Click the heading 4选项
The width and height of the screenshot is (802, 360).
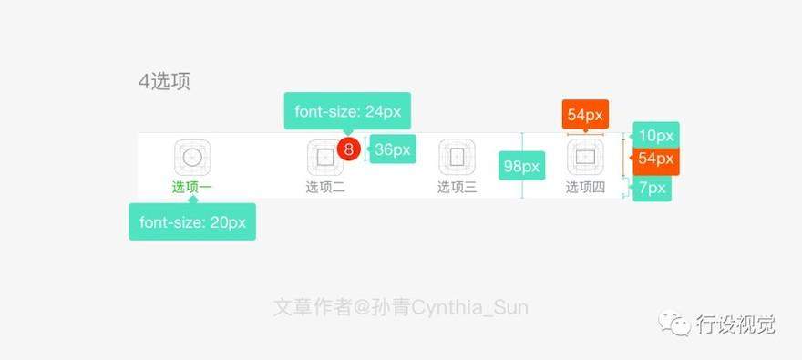[x=164, y=82]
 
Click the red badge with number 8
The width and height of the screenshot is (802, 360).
[x=349, y=149]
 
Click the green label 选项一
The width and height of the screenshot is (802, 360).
[x=191, y=188]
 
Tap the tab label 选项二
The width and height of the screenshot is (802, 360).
[x=325, y=188]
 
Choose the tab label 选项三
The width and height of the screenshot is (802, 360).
[x=458, y=188]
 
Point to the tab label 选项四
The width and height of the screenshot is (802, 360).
[x=585, y=188]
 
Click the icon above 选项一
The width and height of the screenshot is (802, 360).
[x=192, y=157]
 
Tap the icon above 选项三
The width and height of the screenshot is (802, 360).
[x=458, y=157]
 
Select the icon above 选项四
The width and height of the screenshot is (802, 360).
[x=585, y=157]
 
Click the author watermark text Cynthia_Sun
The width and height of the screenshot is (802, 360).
[x=469, y=308]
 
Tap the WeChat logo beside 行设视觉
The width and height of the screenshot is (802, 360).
[x=674, y=323]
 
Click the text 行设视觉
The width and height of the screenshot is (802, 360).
[x=735, y=324]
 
